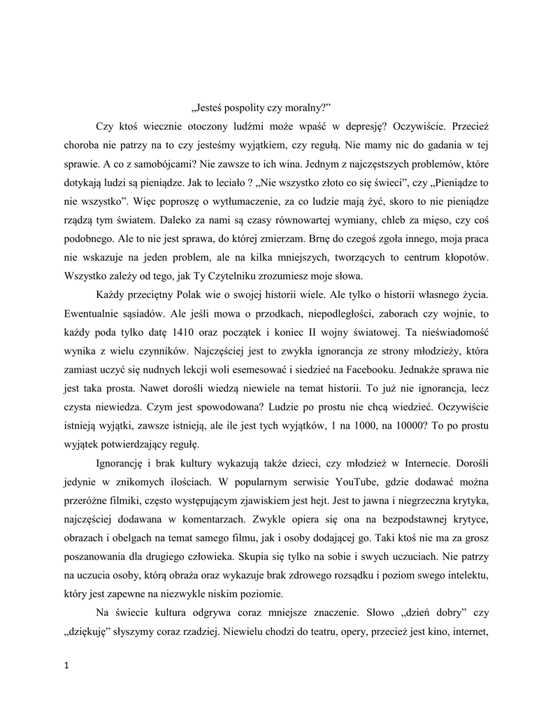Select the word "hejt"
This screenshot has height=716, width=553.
[x=318, y=501]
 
